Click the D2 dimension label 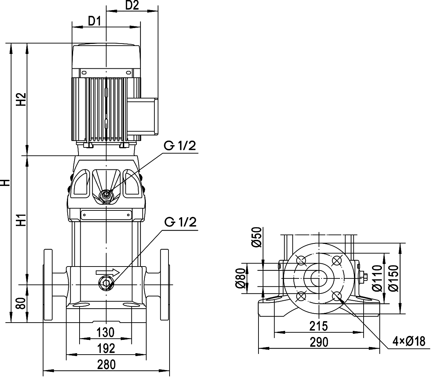pos(132,5)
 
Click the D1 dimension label pos(95,21)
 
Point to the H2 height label pos(21,99)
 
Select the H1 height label pos(21,220)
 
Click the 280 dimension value pos(107,364)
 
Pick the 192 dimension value pos(106,348)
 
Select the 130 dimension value pos(105,332)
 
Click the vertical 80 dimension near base pos(21,304)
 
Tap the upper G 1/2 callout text pos(180,146)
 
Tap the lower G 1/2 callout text pos(180,222)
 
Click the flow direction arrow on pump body pos(108,272)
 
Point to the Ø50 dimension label pos(257,237)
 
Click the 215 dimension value pos(319,326)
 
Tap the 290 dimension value pos(319,342)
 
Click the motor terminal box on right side pos(143,116)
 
